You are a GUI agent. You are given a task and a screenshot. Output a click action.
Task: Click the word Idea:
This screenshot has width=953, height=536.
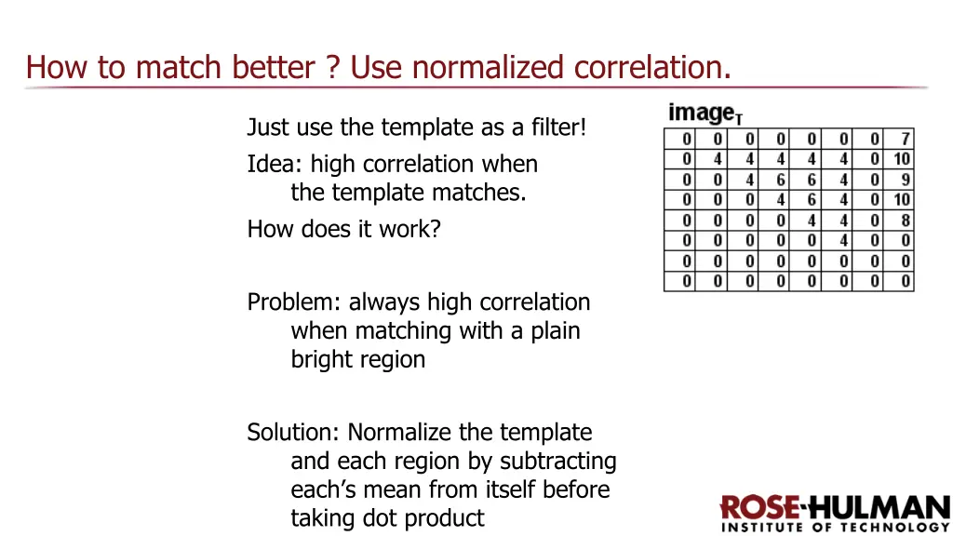click(275, 165)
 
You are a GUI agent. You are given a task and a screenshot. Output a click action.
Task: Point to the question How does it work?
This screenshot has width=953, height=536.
click(343, 229)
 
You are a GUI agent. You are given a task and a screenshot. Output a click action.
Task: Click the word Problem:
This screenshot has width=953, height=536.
click(294, 302)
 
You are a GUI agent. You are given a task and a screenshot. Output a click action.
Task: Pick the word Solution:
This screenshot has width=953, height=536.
click(293, 433)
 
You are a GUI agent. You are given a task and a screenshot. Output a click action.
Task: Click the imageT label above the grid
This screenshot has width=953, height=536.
click(705, 114)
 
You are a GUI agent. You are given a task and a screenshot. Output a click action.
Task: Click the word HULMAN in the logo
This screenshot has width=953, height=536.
click(880, 508)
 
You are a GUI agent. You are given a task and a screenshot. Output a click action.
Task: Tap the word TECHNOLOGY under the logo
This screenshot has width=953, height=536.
click(900, 528)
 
